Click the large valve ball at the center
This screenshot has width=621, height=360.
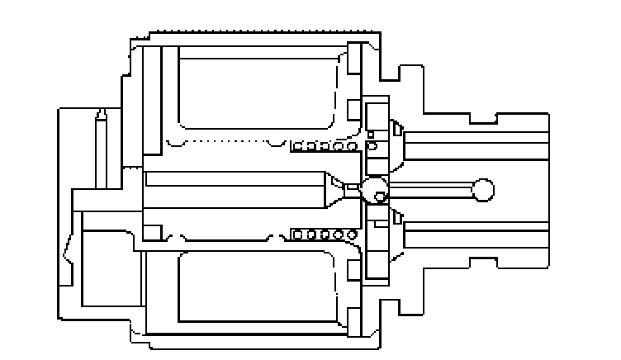pos(375,189)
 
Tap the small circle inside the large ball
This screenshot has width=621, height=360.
pos(380,197)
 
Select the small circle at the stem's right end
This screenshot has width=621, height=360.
pos(482,190)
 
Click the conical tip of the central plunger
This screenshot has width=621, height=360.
pos(334,190)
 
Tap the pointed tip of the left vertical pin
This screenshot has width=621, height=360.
pos(101,115)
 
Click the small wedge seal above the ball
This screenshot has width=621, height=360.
pos(396,128)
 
